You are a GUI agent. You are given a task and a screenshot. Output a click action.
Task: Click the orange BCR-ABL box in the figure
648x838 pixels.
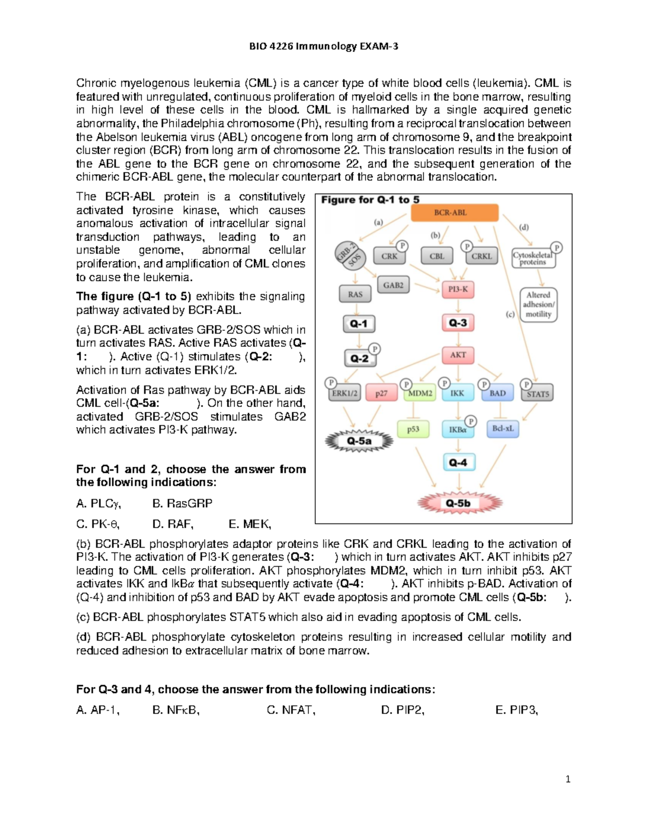point(455,213)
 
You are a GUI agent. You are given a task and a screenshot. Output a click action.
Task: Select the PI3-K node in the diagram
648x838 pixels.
point(458,289)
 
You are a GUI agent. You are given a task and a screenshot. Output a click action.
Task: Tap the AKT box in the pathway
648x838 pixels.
point(458,355)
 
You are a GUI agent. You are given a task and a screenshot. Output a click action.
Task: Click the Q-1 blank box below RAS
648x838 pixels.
point(359,324)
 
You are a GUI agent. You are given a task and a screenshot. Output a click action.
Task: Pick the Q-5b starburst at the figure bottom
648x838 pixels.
point(459,503)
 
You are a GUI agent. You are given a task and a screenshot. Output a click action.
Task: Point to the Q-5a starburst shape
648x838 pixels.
point(359,441)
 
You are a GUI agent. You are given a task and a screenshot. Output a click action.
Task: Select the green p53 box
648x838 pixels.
point(413,430)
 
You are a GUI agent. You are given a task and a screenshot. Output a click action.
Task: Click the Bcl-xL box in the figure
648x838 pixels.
point(503,429)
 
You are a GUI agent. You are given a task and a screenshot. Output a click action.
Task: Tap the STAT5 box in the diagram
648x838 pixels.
point(537,394)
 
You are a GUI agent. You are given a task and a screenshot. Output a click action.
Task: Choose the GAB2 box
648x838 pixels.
point(393,285)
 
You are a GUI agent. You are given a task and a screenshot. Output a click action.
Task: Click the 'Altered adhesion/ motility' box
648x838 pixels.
point(538,305)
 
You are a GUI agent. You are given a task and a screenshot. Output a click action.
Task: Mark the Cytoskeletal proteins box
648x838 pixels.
point(533,258)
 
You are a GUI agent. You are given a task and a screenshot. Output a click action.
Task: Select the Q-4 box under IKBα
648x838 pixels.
point(458,463)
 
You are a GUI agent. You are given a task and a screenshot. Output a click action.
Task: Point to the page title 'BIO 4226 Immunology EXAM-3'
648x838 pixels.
point(323,46)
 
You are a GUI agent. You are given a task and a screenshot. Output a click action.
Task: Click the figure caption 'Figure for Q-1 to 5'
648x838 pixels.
point(370,200)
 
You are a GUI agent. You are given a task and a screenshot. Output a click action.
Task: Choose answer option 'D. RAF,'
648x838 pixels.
point(173,524)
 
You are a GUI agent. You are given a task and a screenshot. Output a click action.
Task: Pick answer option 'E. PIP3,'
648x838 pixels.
point(516,710)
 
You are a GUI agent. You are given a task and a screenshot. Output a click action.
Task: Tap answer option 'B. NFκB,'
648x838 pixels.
point(176,710)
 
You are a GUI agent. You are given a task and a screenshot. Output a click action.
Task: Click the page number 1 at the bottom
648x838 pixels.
point(568,779)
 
